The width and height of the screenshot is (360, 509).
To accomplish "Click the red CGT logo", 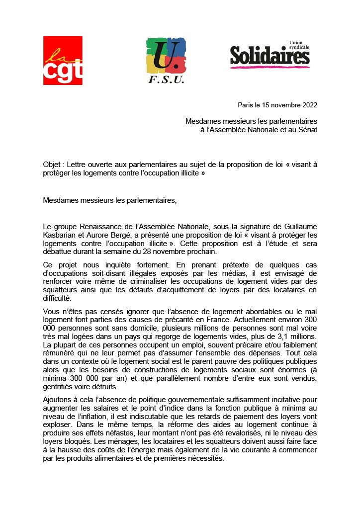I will (63, 60).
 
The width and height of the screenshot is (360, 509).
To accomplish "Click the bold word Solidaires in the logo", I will (270, 56).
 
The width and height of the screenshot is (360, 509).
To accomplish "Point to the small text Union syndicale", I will (299, 45).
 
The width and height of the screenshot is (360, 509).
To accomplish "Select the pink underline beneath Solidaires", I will (270, 67).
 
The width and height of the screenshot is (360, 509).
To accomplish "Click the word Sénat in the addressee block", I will (306, 130).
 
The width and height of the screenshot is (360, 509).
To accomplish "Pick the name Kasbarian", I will (60, 235).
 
